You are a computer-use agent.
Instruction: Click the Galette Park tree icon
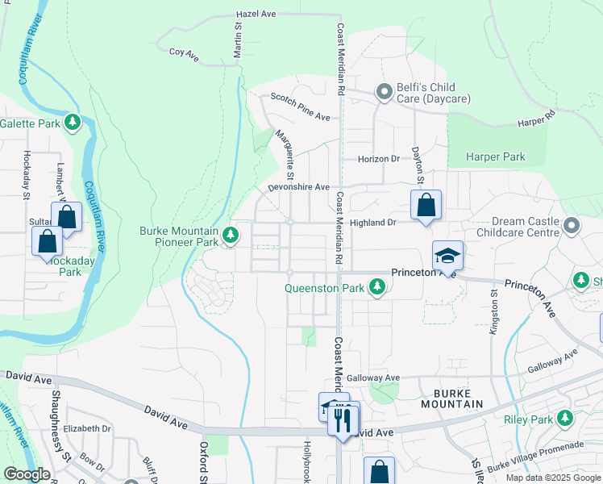point(73,123)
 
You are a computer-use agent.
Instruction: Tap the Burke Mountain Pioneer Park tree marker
point(231,236)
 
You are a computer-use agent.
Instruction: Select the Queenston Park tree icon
point(376,286)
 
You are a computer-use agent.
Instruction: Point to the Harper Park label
point(496,156)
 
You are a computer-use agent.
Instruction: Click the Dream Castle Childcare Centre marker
point(572,225)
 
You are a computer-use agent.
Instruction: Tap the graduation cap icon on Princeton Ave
point(447,256)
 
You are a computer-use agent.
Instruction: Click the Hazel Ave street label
point(256,15)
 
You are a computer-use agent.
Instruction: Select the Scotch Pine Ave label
point(300,106)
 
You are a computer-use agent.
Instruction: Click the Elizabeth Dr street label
point(88,428)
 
